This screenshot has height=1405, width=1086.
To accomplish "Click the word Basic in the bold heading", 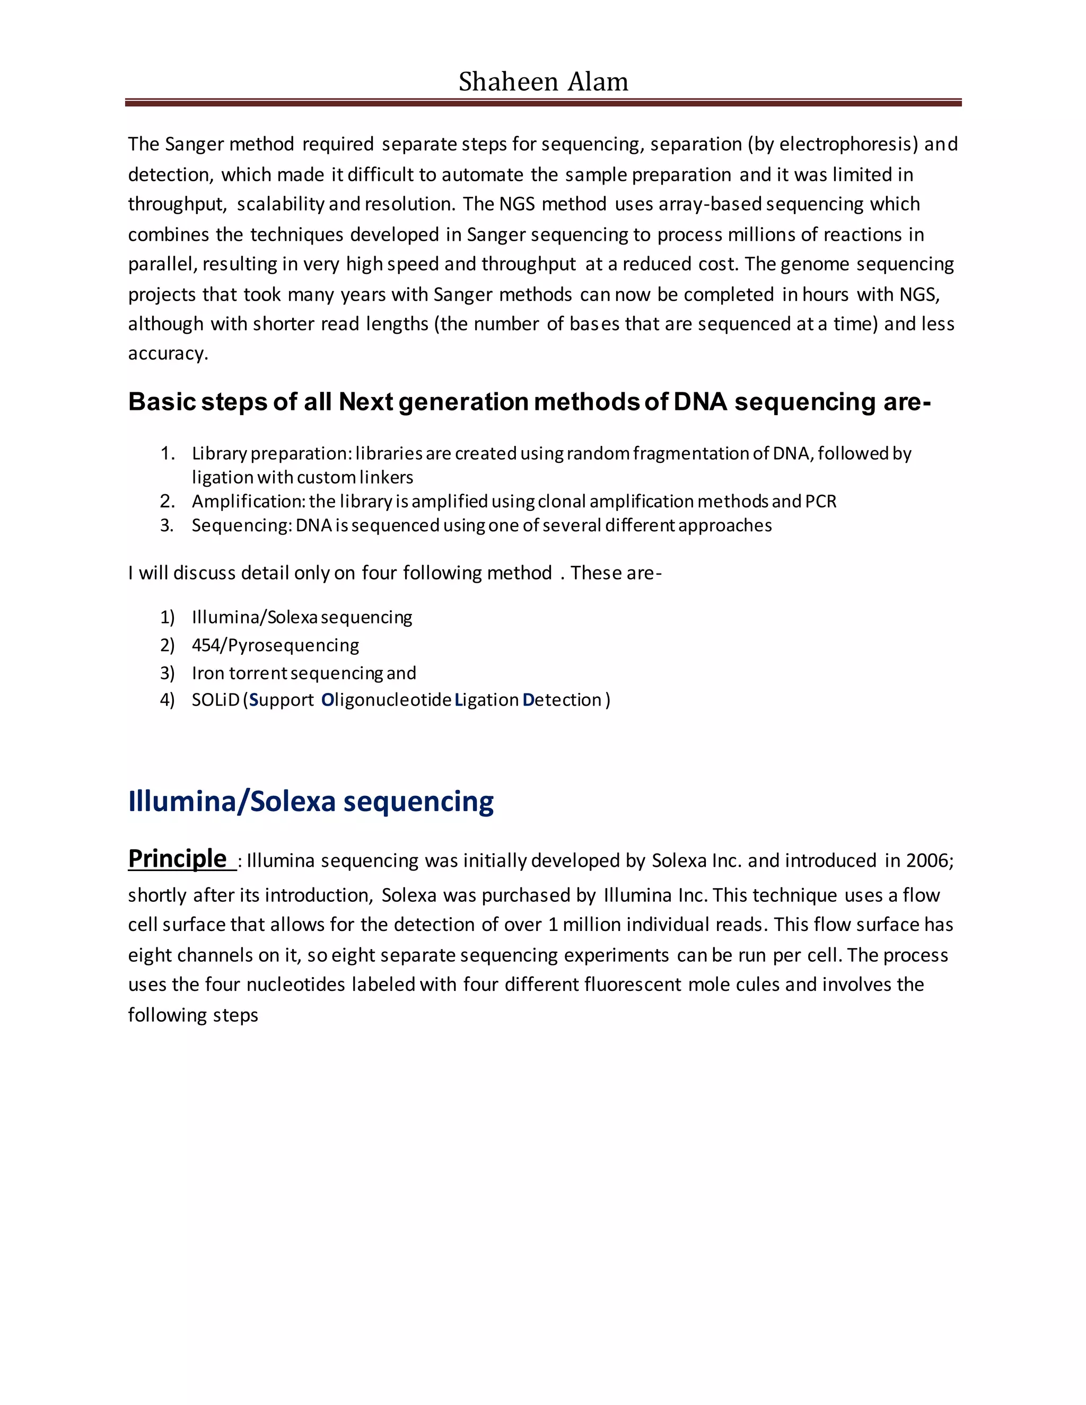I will pos(161,402).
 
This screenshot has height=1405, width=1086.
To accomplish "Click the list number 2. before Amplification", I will pos(167,501).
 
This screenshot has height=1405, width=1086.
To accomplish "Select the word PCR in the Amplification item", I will pos(821,501).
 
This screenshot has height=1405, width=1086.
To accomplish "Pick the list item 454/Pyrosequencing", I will pos(275,645).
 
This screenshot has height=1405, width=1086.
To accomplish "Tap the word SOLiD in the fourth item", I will pos(215,700).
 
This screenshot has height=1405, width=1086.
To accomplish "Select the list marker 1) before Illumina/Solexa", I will pos(167,618).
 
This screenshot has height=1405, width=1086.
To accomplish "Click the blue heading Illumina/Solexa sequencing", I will pos(311,802).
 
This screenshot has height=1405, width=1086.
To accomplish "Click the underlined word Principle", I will pos(178,859).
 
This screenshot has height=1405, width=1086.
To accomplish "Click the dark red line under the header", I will pos(543,102).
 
